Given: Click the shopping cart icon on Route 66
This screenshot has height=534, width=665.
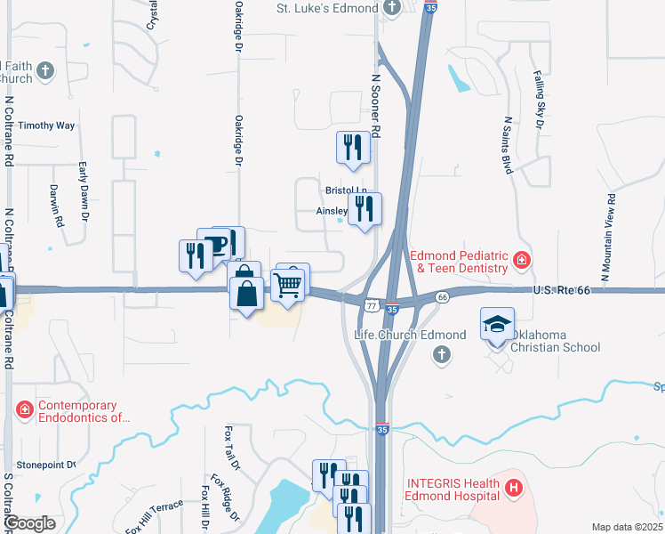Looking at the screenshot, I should click(288, 287).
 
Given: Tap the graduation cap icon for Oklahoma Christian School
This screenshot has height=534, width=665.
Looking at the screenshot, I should click(497, 325).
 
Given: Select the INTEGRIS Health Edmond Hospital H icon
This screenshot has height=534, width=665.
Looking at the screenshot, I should click(513, 488).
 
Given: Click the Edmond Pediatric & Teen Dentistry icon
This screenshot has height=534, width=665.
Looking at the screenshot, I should click(522, 261).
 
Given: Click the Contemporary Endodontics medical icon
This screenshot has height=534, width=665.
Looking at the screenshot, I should click(25, 409).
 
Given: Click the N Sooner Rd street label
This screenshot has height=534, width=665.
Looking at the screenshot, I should click(375, 105).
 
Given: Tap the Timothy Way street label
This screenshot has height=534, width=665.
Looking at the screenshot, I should click(46, 125).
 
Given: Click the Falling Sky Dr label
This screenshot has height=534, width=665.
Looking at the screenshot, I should click(537, 100).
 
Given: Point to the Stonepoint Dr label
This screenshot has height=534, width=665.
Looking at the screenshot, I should click(46, 465).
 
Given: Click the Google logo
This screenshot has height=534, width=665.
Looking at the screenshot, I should click(29, 523).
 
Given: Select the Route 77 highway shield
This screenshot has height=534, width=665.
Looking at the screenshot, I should click(369, 304).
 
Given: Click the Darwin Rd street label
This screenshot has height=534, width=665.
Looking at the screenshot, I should click(59, 205).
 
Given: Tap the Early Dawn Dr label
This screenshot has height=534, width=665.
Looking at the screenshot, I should click(84, 190).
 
